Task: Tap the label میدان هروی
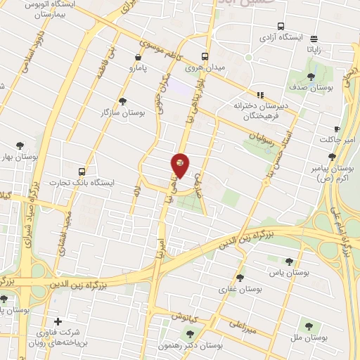click(x=204, y=68)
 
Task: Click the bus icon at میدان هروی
click(x=205, y=56)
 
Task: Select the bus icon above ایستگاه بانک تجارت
click(x=83, y=171)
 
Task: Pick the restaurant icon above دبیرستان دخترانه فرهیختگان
click(x=260, y=94)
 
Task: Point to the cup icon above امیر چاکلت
click(x=337, y=129)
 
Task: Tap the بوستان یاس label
click(x=290, y=271)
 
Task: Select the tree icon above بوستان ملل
click(x=309, y=326)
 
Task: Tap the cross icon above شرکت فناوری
click(x=58, y=321)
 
